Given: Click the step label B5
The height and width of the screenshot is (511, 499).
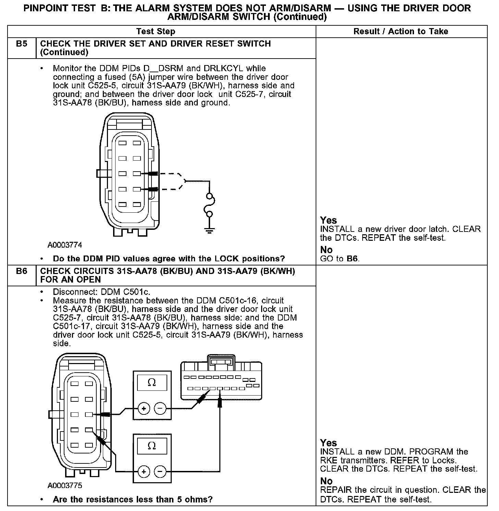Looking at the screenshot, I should [22, 44].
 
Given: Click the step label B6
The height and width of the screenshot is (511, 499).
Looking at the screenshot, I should [22, 271].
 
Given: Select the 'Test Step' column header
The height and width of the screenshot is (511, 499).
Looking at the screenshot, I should [156, 32].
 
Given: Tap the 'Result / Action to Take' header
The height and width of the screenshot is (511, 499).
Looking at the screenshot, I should [401, 32].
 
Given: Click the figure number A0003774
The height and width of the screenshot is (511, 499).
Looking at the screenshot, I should [65, 245].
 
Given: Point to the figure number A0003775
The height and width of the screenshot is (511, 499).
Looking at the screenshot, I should [65, 486].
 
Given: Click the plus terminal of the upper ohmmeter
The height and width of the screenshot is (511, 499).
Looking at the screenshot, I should [144, 408].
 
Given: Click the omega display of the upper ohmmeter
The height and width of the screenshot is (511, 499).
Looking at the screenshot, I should [152, 383].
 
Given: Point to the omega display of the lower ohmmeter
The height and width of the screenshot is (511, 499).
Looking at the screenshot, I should [152, 446].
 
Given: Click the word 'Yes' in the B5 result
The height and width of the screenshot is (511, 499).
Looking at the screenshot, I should [328, 220].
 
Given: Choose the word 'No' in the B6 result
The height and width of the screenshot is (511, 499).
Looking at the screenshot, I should [326, 481].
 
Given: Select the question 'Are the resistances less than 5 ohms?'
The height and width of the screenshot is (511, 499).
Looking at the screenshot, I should [133, 499].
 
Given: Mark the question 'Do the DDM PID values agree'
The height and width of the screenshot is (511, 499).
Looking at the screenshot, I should [169, 259].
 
